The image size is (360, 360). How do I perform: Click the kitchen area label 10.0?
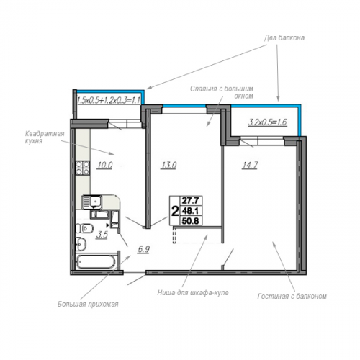105,166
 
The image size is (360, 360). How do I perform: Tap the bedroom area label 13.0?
168,166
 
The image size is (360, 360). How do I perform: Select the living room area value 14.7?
250,166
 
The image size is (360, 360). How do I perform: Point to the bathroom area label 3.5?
102,235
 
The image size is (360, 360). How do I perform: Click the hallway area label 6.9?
143,249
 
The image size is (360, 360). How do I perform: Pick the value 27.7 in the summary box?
190,200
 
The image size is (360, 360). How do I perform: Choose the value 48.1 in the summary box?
190,211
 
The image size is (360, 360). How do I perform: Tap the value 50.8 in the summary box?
190,220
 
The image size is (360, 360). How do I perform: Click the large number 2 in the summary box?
174,211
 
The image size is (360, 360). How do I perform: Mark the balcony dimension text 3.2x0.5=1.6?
267,122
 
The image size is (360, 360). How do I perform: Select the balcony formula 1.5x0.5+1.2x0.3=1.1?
109,100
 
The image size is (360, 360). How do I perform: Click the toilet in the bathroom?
84,228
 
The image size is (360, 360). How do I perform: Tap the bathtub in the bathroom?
96,261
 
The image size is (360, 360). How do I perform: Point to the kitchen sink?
92,201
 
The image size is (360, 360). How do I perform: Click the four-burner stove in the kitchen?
83,168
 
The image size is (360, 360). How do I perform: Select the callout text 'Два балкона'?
284,38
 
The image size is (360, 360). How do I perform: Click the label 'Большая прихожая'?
88,305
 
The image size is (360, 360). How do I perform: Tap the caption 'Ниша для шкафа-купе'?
193,293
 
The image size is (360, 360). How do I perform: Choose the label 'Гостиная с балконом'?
292,296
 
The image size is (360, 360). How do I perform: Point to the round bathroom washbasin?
81,244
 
